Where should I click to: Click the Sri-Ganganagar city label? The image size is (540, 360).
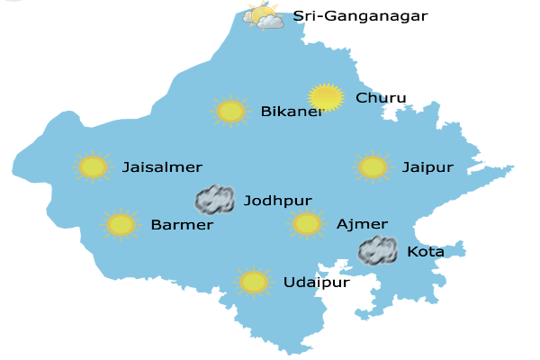360,16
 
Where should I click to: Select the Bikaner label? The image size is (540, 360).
292,112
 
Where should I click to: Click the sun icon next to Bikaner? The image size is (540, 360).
231,111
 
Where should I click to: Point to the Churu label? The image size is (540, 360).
382,98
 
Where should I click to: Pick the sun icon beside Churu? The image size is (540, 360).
325,97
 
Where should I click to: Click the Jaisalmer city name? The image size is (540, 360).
162,167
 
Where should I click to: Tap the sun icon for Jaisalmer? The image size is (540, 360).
93,166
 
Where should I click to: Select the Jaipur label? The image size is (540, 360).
427,167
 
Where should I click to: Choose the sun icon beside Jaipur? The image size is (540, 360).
373,166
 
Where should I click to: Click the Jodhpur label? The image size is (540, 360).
277,201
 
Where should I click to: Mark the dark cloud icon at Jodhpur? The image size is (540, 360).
215,199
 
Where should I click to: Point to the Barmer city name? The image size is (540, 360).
182,225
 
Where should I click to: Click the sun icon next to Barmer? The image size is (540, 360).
121,224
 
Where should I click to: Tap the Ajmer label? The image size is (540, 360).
362,224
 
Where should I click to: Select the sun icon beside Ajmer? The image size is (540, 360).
307,223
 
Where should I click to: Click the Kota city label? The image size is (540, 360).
426,252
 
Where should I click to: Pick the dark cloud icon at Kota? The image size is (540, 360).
378,250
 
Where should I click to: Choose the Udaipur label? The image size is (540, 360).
316,283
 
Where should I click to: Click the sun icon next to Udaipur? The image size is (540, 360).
255,282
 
